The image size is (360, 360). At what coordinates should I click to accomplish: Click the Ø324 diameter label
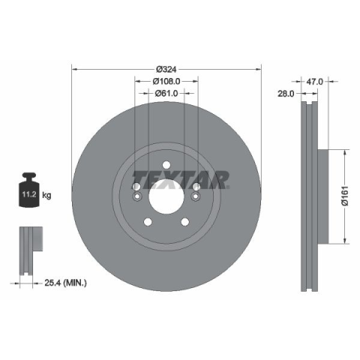click(x=166, y=69)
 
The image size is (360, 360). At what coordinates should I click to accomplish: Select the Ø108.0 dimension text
click(x=166, y=81)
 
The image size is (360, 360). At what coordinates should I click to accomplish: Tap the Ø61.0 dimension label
click(x=166, y=93)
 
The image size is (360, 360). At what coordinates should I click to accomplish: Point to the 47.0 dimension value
click(x=315, y=82)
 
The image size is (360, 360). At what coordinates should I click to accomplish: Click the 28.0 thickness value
click(x=286, y=94)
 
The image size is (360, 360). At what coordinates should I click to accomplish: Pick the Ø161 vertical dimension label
click(x=345, y=196)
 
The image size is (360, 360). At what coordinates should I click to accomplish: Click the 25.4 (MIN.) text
click(x=66, y=283)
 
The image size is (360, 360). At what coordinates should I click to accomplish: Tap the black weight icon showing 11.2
click(x=29, y=190)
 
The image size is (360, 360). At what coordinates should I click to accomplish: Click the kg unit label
click(x=46, y=195)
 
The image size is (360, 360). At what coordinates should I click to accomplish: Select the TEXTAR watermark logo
click(x=181, y=180)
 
